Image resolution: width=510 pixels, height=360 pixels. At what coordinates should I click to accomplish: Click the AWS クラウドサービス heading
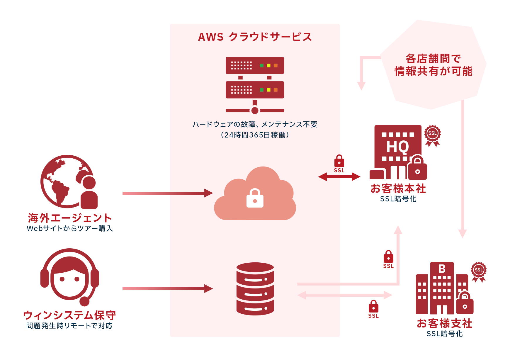point(255,37)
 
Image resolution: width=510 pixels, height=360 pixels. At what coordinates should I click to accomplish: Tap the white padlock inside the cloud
point(255,198)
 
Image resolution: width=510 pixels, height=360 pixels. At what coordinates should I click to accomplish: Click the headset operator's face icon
point(69,277)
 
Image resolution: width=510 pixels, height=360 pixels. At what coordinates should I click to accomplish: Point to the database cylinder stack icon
point(255,289)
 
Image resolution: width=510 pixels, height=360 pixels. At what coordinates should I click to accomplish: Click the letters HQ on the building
point(397,147)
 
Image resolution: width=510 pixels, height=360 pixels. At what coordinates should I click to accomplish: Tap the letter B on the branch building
point(442,268)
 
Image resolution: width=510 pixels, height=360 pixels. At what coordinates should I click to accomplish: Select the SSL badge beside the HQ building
point(433,136)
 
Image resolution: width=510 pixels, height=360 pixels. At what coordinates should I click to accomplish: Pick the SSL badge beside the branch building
point(479,272)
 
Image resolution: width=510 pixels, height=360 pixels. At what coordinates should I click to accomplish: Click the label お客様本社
point(398,189)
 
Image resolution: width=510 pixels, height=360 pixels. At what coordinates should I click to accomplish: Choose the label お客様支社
point(444,323)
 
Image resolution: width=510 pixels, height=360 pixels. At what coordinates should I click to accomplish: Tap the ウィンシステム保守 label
point(69,315)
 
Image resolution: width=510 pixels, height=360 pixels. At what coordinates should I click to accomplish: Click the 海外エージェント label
point(70,218)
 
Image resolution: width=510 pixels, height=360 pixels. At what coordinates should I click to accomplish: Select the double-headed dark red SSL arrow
point(339,177)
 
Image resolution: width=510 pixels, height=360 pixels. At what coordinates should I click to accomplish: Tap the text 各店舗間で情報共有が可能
point(433,65)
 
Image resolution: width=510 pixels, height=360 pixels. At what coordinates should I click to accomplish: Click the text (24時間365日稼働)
point(255,135)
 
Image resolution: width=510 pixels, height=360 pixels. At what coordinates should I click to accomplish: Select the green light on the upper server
point(261,65)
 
